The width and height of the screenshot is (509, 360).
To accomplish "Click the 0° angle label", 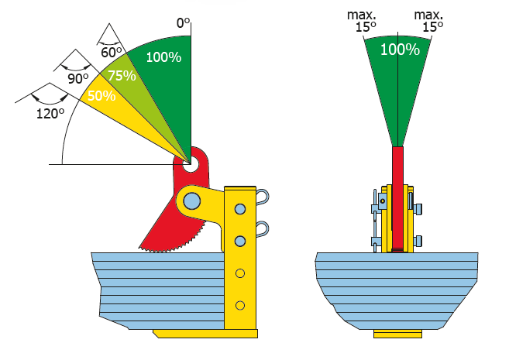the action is coord(183,23).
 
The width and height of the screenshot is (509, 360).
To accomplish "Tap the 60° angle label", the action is coord(111,52).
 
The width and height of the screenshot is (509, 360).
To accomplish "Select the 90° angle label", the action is coord(78,78).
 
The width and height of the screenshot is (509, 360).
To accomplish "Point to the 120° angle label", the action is coord(50,114).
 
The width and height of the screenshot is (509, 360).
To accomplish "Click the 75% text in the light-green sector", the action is coord(122,76).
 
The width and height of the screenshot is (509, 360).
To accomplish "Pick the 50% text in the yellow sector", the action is coord(101,96).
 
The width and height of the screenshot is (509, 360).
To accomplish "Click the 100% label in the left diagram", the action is coord(163,57).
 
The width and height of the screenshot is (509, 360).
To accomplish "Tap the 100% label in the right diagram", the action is coord(400,50).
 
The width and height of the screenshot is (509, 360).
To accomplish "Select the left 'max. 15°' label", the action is coord(362,21).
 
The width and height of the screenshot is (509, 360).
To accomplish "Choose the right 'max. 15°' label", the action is coord(429,21).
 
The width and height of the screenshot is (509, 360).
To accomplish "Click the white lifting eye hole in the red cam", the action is coord(190,164).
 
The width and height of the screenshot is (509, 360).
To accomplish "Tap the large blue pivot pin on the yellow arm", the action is coord(191,201).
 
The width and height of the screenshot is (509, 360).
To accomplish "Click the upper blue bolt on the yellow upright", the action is coord(240,209).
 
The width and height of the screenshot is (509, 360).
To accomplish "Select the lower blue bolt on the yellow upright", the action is coord(240,242).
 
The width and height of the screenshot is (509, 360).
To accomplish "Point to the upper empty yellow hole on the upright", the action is coord(240,273).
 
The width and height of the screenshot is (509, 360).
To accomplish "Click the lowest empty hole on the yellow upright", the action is coord(240,306).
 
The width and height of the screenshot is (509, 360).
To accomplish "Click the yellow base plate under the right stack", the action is coord(397,334).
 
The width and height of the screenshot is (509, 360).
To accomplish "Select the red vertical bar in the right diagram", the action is coord(397,199).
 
